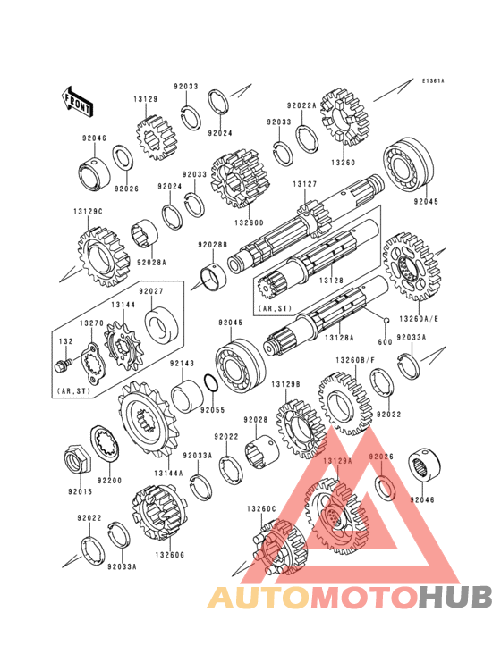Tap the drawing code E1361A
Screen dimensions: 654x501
tap(434, 80)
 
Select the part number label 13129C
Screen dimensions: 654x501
tap(89, 211)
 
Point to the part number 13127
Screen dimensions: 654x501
tap(304, 184)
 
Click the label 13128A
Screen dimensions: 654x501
tap(339, 338)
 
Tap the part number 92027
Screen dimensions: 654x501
tap(150, 290)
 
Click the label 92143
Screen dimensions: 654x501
tap(183, 364)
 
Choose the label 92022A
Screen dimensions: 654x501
tap(301, 105)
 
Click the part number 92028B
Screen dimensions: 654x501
tap(213, 244)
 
